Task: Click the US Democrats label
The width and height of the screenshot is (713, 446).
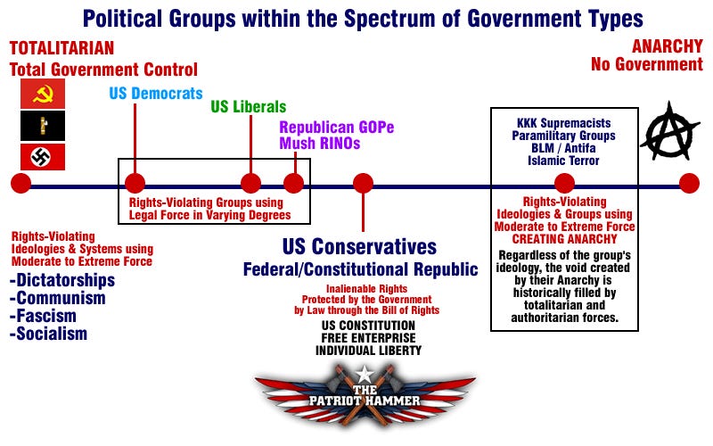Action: [156, 94]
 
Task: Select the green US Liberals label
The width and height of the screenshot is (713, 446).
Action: [249, 107]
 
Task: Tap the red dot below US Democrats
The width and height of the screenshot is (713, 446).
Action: [135, 184]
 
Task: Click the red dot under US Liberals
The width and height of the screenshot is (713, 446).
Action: [251, 184]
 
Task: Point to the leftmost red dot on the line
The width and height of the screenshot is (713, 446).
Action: [20, 184]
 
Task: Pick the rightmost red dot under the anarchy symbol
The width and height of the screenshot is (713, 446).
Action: [688, 184]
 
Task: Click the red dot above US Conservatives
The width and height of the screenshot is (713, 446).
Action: [363, 184]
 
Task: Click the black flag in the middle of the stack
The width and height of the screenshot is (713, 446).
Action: [43, 126]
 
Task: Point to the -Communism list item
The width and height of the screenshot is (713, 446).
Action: [59, 298]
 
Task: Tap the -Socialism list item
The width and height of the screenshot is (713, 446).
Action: [50, 334]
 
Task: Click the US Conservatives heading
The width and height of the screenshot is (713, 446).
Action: [359, 247]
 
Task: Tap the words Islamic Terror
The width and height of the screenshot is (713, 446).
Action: [564, 161]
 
